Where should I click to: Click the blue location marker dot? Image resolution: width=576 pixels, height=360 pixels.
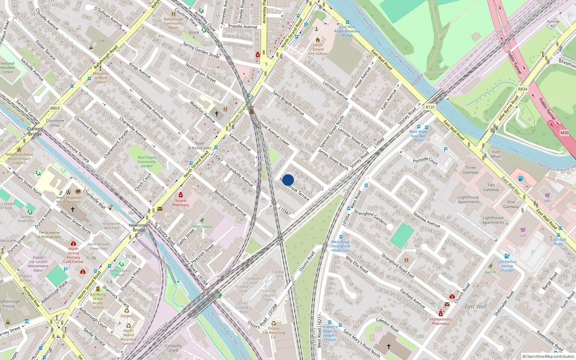pos(288,180)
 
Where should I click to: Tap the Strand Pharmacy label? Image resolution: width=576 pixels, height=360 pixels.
pos(180,203)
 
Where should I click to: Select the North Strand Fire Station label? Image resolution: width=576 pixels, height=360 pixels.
pos(318,49)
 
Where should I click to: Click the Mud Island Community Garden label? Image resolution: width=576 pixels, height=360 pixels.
pos(147,162)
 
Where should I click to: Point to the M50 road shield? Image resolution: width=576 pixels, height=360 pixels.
pos(564,133)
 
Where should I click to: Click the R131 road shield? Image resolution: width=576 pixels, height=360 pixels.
pos(430,107)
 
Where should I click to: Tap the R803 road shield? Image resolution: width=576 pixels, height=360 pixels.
pos(55,108)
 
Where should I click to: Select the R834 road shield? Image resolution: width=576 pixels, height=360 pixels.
pos(522,89)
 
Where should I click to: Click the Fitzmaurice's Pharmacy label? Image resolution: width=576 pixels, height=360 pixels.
pos(440,321)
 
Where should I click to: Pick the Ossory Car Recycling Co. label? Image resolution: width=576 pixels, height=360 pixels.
pos(274,333)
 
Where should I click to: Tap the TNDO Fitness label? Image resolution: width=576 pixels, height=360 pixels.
pos(202,226)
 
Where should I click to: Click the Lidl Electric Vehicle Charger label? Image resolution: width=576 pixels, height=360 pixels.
pos(507,266)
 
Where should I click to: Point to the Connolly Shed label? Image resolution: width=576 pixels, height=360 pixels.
pos(173,348)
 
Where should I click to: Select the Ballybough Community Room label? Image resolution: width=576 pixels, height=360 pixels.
pos(174,23)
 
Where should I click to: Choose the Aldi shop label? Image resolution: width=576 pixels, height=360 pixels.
pos(548,201)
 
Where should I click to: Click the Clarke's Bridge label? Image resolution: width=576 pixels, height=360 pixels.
pos(35,131)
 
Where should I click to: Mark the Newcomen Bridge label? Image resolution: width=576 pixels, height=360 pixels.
pos(139,228)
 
